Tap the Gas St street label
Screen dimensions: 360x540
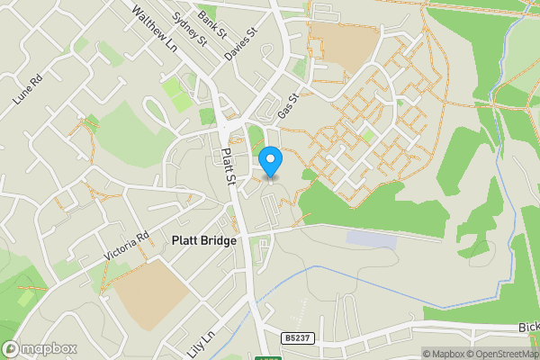[x=287, y=109]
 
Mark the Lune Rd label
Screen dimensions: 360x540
[x=29, y=92]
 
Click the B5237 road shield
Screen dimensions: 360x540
[x=298, y=338]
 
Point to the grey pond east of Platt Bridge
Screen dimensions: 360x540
[x=370, y=238]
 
